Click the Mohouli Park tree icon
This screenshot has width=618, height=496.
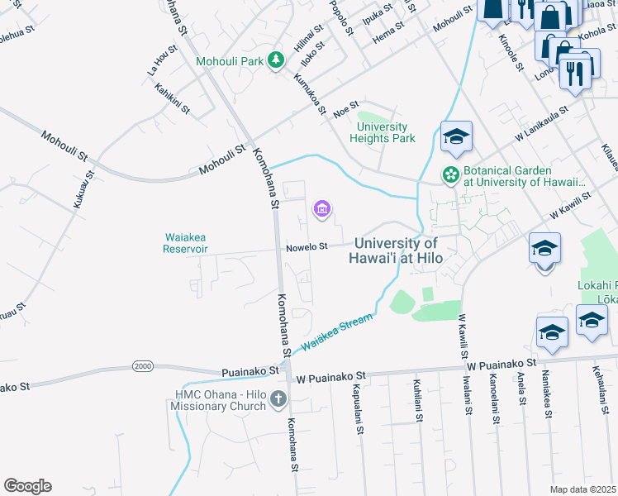(x=276, y=60)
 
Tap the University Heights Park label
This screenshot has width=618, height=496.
(x=382, y=132)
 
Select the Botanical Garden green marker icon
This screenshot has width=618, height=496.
(x=451, y=174)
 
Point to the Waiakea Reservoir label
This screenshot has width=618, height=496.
(x=184, y=243)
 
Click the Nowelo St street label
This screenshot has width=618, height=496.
(x=307, y=246)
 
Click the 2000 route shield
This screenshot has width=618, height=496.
(x=143, y=365)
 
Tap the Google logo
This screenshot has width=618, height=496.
(x=27, y=486)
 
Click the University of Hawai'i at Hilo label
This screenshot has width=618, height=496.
(x=397, y=250)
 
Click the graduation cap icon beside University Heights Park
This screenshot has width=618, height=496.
(x=455, y=138)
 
